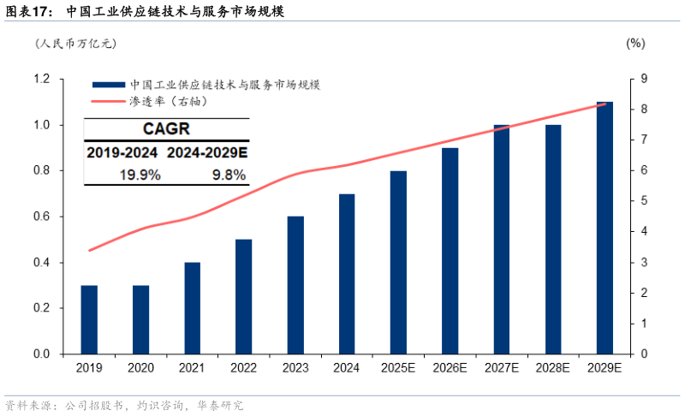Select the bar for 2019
click(x=89, y=319)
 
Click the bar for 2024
click(x=347, y=274)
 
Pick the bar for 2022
click(x=244, y=296)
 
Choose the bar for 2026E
click(x=450, y=251)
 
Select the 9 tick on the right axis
click(x=641, y=80)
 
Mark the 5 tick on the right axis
click(x=641, y=201)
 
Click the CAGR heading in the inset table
click(x=166, y=130)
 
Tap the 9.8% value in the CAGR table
click(x=228, y=175)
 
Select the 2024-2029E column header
click(x=207, y=152)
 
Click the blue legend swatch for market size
click(x=108, y=86)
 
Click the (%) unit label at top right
click(x=635, y=43)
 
